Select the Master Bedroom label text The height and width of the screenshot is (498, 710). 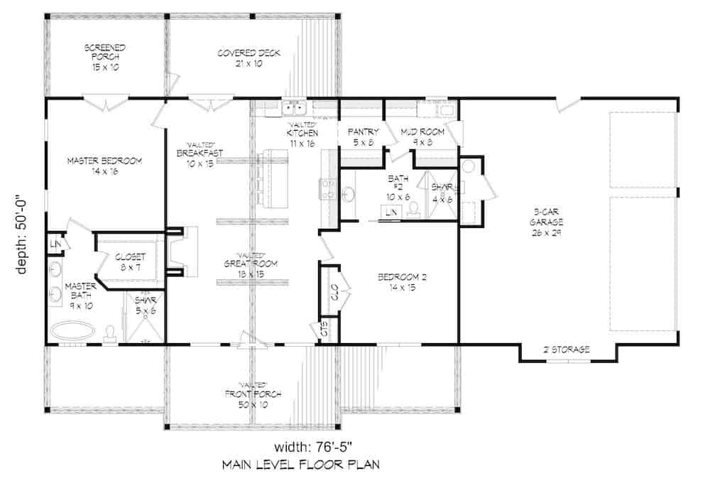(x=105, y=166)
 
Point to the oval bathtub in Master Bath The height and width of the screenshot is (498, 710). (x=74, y=330)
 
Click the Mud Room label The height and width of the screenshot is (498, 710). (x=422, y=136)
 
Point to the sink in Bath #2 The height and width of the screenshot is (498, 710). (x=350, y=194)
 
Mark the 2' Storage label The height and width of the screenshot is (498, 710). (x=567, y=350)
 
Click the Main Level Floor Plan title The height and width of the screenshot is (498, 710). (x=300, y=465)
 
